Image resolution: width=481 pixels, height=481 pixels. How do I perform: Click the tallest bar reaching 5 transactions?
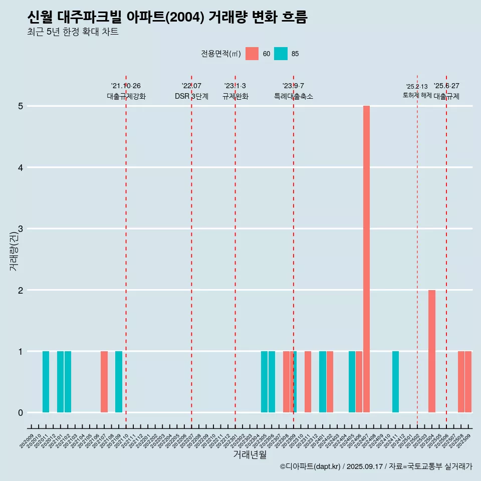pos(366,259)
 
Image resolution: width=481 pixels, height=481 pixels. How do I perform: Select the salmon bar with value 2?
pos(432,351)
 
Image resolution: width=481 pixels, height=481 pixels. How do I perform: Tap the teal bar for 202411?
pos(395,382)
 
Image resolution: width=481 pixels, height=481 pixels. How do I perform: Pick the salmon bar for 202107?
pos(104,382)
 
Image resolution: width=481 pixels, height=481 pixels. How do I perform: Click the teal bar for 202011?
pos(46,382)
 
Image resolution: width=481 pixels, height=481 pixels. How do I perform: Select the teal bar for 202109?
pos(119,382)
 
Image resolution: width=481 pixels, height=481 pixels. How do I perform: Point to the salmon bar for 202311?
pos(308,382)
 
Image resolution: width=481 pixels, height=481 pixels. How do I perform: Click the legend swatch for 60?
pos(252,54)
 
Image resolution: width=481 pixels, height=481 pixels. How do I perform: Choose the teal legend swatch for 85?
pos(281,54)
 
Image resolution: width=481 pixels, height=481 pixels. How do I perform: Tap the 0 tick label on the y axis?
pos(21,413)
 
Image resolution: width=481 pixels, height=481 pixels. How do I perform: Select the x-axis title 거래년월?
pos(250,454)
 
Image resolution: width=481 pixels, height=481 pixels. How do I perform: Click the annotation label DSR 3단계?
pos(191,96)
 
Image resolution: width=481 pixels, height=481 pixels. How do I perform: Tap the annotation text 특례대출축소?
pos(294,96)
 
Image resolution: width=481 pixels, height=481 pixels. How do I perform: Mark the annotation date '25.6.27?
pos(446,86)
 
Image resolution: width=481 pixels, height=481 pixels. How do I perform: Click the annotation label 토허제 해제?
pos(417,95)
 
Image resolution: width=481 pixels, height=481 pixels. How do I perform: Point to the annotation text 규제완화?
pos(235,96)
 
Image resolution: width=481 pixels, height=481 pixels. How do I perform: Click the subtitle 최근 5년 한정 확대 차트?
pos(73,32)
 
